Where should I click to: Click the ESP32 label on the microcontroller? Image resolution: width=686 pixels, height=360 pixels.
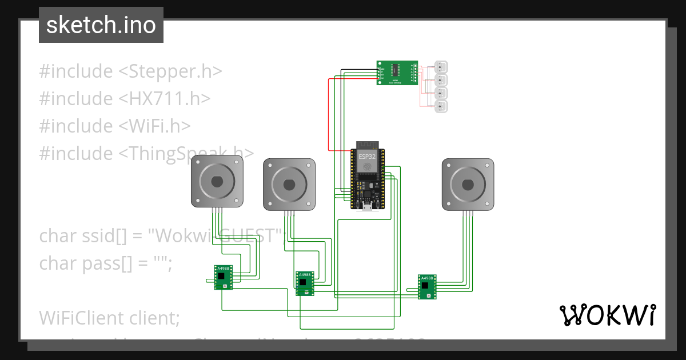coord(368,155)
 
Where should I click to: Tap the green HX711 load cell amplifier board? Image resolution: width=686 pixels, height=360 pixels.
coord(397,73)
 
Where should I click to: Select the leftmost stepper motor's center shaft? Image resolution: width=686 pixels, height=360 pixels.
coord(217,182)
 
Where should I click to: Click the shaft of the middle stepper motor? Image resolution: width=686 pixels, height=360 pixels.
coord(289,185)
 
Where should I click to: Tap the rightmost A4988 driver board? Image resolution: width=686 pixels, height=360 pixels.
coord(427,286)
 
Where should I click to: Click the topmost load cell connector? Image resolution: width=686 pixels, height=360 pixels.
coord(441,66)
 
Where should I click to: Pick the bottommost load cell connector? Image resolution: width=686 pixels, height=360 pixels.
coord(441,106)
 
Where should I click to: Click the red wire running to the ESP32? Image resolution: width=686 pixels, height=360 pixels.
coord(329,114)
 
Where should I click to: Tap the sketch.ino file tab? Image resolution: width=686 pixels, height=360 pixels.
coord(101,25)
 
